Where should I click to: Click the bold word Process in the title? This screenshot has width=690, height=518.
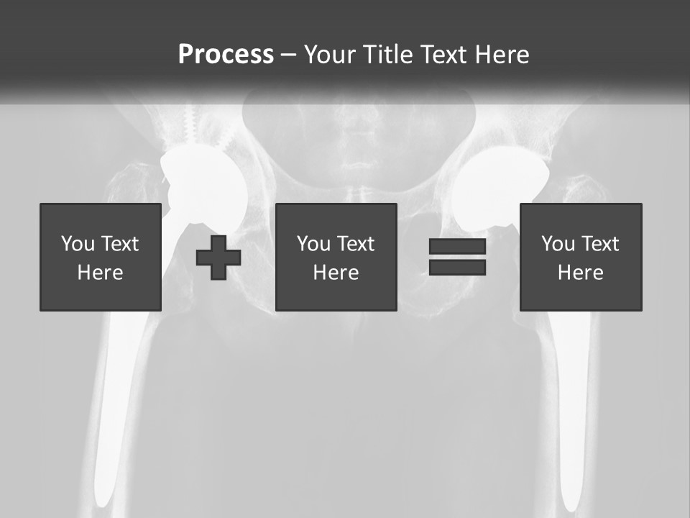click(226, 55)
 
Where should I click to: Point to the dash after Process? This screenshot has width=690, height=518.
click(288, 55)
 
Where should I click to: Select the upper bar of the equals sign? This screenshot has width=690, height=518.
click(457, 247)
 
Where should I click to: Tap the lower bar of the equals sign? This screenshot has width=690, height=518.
click(457, 267)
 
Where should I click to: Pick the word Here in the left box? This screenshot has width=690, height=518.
click(100, 273)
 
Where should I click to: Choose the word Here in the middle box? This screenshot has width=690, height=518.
click(336, 273)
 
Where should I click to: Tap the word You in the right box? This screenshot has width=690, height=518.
click(558, 244)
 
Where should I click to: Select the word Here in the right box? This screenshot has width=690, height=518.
click(580, 273)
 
